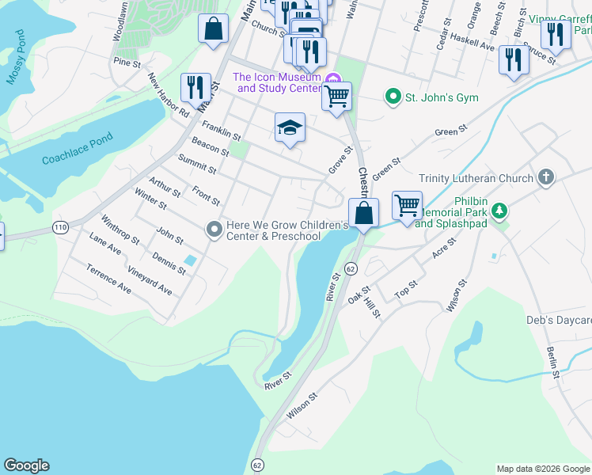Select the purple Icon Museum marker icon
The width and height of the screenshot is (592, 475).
333,78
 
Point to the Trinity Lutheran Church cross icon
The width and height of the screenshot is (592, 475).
545,178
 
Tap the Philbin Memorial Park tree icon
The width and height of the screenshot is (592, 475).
499,211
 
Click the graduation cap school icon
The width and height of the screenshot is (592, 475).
290,127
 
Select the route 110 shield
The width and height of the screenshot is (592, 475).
60,227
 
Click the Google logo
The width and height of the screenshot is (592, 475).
26,465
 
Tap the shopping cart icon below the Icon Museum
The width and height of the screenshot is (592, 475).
336,97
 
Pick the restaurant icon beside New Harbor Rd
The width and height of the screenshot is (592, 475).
195,87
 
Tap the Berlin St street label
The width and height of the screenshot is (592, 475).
552,361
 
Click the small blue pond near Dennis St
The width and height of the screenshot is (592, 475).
190,260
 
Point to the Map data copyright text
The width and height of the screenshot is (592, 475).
543,469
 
